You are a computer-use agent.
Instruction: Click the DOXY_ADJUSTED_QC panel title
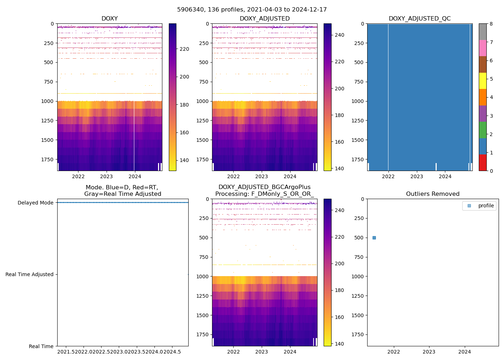tap(419, 19)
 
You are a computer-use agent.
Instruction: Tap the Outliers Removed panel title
tap(432, 194)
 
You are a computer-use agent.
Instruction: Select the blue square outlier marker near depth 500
tap(374, 238)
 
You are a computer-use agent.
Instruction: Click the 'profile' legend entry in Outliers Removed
tap(486, 206)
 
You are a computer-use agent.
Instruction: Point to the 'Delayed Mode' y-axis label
tap(35, 203)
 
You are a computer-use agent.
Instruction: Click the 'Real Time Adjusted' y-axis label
tap(29, 274)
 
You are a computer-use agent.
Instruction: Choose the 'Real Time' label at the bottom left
tap(41, 346)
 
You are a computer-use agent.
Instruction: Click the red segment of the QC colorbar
tap(483, 163)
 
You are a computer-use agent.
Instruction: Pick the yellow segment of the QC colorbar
tap(483, 81)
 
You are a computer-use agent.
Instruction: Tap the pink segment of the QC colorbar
tap(483, 48)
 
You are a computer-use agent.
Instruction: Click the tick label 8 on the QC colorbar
tap(491, 24)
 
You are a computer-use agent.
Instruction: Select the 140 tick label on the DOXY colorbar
tap(184, 160)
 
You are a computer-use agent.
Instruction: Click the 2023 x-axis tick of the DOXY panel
tap(106, 176)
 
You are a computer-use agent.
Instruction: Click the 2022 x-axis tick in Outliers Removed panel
tap(393, 352)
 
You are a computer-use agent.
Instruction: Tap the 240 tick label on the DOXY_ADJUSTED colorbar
tap(339, 35)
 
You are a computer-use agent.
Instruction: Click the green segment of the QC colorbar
tap(483, 130)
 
